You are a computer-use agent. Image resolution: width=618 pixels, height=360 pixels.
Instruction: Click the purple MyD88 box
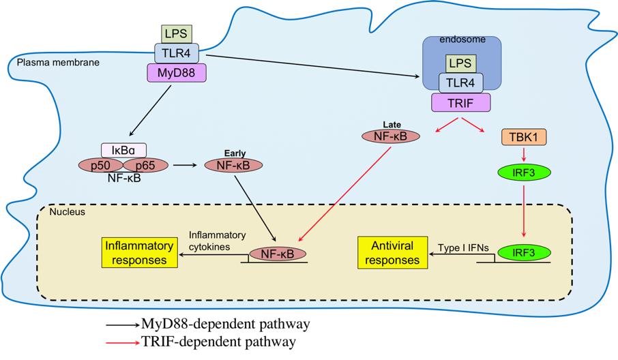tap(176, 72)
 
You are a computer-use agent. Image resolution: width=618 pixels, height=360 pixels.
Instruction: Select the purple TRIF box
tap(460, 102)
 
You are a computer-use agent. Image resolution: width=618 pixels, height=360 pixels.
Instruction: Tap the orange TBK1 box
tap(523, 136)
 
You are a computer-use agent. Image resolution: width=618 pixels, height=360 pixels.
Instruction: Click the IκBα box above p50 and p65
tap(123, 150)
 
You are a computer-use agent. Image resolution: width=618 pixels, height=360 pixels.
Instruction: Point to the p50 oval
tap(102, 166)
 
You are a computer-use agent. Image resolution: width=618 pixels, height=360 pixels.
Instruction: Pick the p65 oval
tap(145, 166)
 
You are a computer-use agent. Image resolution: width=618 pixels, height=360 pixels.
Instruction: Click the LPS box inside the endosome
tap(460, 63)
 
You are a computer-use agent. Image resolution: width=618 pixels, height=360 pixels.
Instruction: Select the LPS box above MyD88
tap(176, 33)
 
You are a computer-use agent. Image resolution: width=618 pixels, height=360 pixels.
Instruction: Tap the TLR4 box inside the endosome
tap(460, 82)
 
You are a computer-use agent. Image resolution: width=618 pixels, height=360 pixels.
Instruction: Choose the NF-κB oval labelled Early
tap(233, 165)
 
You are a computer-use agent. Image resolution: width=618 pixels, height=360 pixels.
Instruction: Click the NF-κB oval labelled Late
tap(391, 136)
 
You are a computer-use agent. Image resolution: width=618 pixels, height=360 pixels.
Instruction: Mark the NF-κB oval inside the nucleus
tap(278, 254)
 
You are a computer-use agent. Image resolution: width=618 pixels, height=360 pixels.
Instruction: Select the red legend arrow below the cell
tap(123, 342)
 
